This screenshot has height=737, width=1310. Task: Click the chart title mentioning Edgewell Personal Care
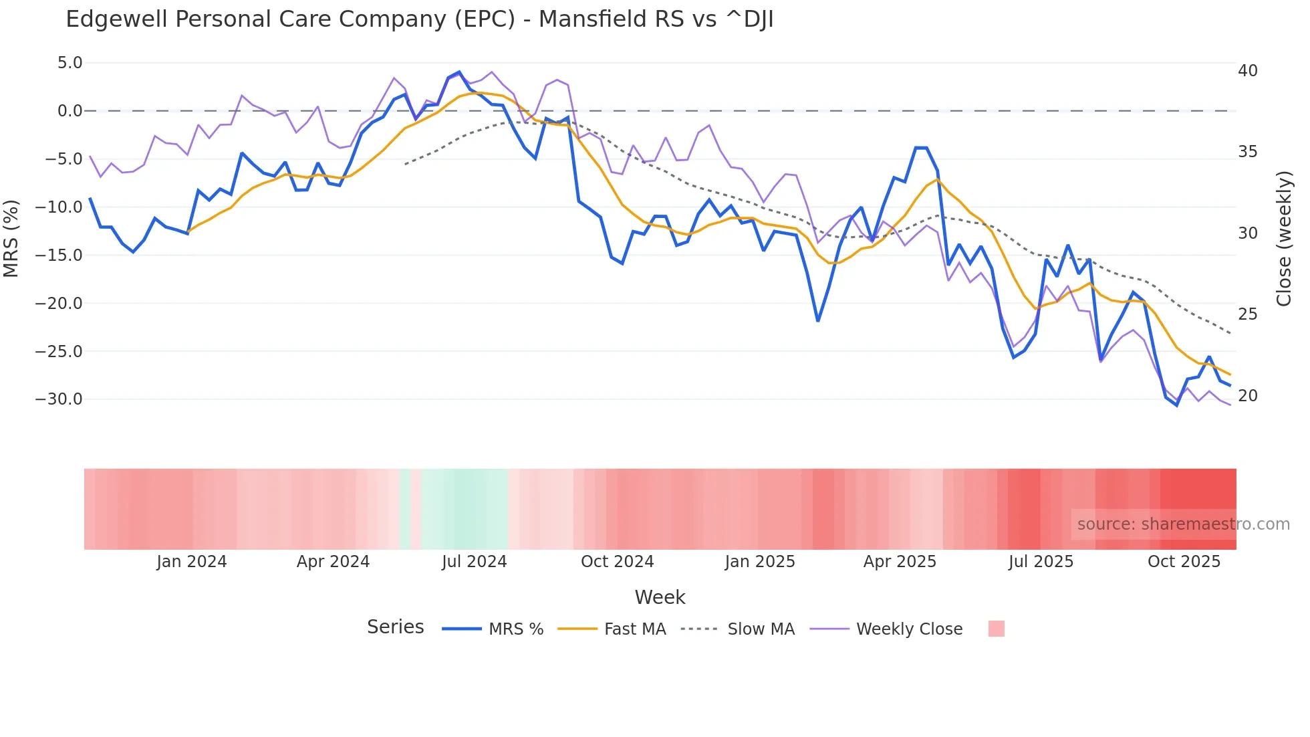coord(419,19)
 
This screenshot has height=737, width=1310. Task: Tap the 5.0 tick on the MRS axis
coord(70,63)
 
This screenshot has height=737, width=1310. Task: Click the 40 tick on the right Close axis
coord(1247,71)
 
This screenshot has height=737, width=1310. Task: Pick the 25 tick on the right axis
coord(1247,314)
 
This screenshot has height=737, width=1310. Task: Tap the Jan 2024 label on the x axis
coord(191,562)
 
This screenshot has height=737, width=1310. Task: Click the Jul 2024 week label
coord(474,562)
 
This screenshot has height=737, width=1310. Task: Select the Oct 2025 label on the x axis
coord(1184,562)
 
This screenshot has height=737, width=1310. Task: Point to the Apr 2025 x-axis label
coord(900,562)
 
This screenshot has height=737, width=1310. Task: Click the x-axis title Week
coord(660,597)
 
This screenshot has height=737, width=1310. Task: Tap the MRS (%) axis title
coord(11,238)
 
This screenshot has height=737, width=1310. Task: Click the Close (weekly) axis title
coord(1283,239)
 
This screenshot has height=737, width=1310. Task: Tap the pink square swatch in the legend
coord(996,629)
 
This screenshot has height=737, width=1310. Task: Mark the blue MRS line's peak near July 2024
coord(458,72)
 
